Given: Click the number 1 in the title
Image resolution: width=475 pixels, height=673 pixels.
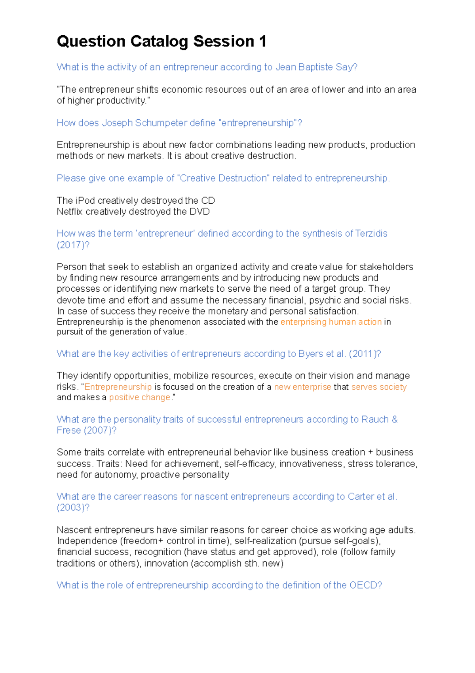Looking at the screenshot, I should (x=262, y=42).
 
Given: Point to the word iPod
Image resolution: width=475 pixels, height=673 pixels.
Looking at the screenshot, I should (x=85, y=201).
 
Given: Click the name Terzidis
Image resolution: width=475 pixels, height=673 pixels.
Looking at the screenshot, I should (x=371, y=233).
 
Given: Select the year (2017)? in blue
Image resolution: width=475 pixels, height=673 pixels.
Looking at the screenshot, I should (x=73, y=245).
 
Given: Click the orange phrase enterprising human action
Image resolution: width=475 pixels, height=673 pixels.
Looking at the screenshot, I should (x=331, y=322).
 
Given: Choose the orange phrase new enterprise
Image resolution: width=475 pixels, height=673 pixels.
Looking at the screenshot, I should (x=302, y=387).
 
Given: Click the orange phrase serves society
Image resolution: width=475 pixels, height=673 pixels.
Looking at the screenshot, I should (x=379, y=387).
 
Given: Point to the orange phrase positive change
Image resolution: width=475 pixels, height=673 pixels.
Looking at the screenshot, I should (x=140, y=398).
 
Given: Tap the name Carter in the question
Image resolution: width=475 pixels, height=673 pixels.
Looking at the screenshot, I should (x=361, y=497).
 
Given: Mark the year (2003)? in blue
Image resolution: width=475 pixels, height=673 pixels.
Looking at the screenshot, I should (x=73, y=508).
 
